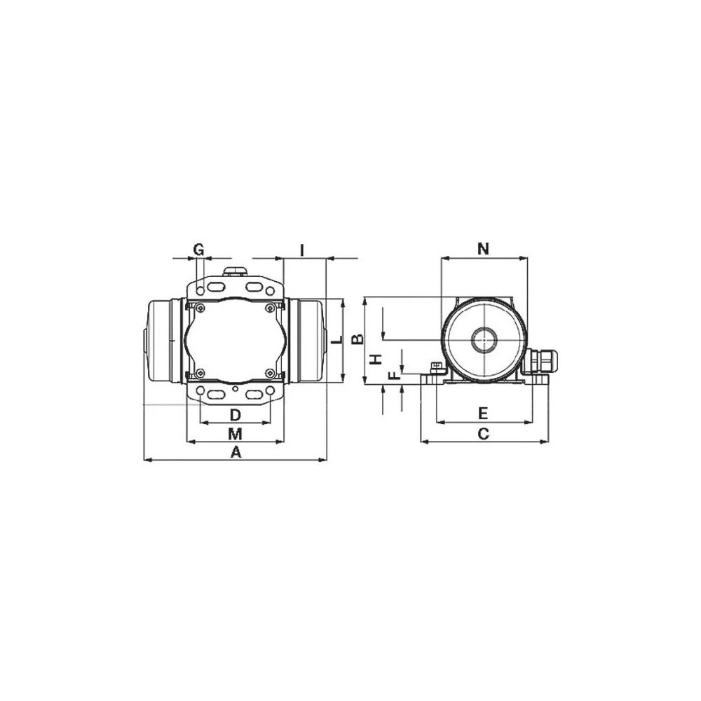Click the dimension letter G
pos(198,249)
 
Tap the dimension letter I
pos(301,250)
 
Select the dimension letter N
pos(483,248)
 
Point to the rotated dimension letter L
pos(336,341)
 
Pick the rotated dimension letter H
pos(376,359)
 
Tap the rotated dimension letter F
pos(394,375)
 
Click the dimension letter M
pos(235,432)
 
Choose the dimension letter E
pos(482,412)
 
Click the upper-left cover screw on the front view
pos(200,308)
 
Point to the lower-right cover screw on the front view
pos(270,372)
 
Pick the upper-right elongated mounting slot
pos(253,287)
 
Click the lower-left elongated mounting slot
pos(217,395)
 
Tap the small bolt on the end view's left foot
pos(435,366)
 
